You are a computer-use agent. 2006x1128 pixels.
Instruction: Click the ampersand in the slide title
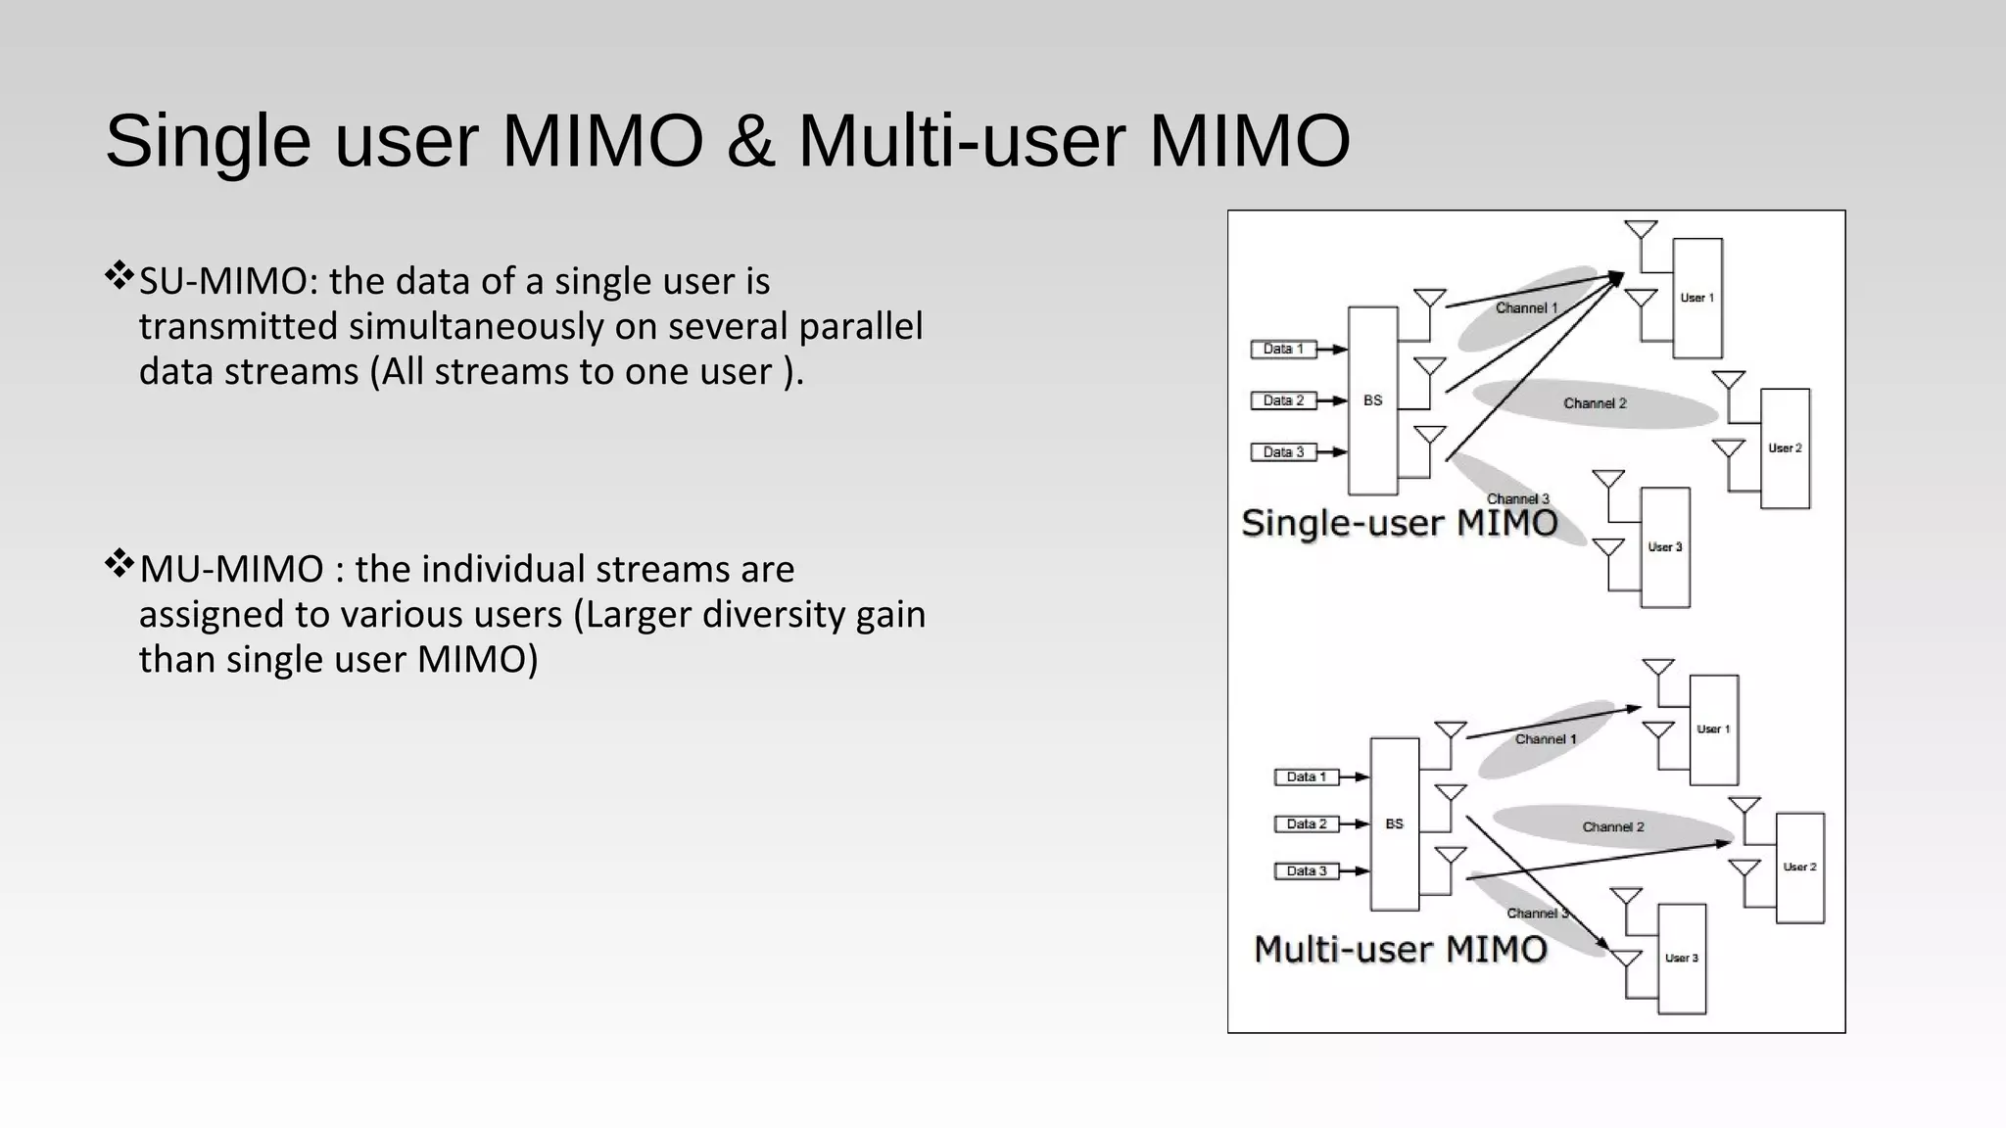(x=750, y=142)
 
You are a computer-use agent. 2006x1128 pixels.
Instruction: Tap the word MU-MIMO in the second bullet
(x=231, y=570)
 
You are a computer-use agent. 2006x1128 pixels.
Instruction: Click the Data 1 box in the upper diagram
(x=1282, y=349)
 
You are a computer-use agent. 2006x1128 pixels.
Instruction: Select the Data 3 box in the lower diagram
(x=1306, y=870)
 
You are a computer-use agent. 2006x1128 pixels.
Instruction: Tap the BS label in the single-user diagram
(x=1372, y=400)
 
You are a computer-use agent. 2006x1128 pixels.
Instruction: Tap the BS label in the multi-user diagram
(x=1394, y=824)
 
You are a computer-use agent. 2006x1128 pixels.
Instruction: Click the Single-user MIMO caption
(x=1399, y=523)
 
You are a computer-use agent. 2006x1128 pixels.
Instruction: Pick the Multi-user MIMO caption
(x=1400, y=949)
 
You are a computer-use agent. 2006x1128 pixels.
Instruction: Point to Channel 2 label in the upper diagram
(x=1595, y=403)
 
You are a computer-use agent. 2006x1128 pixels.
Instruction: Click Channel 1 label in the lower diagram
(x=1546, y=739)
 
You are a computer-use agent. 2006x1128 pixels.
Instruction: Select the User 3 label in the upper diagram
(x=1664, y=547)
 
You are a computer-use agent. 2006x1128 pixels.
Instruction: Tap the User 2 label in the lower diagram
(x=1799, y=867)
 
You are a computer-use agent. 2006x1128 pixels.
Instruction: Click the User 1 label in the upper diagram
(x=1696, y=298)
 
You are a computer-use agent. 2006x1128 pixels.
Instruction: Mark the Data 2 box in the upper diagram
(x=1282, y=400)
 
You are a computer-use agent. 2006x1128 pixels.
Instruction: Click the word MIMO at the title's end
(x=1249, y=142)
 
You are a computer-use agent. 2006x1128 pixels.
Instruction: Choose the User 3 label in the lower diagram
(x=1681, y=958)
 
